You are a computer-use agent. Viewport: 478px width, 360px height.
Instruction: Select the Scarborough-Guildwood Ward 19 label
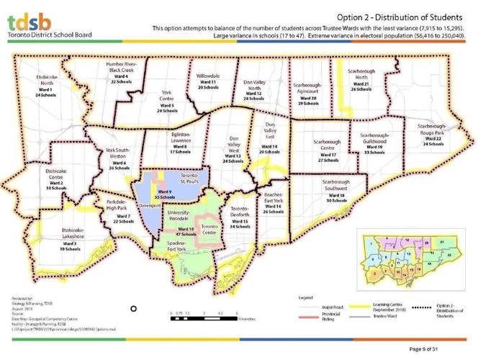375,143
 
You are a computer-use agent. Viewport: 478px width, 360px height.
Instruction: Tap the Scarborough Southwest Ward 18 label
337,191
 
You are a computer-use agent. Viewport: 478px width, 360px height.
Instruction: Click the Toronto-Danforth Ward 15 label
238,217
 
